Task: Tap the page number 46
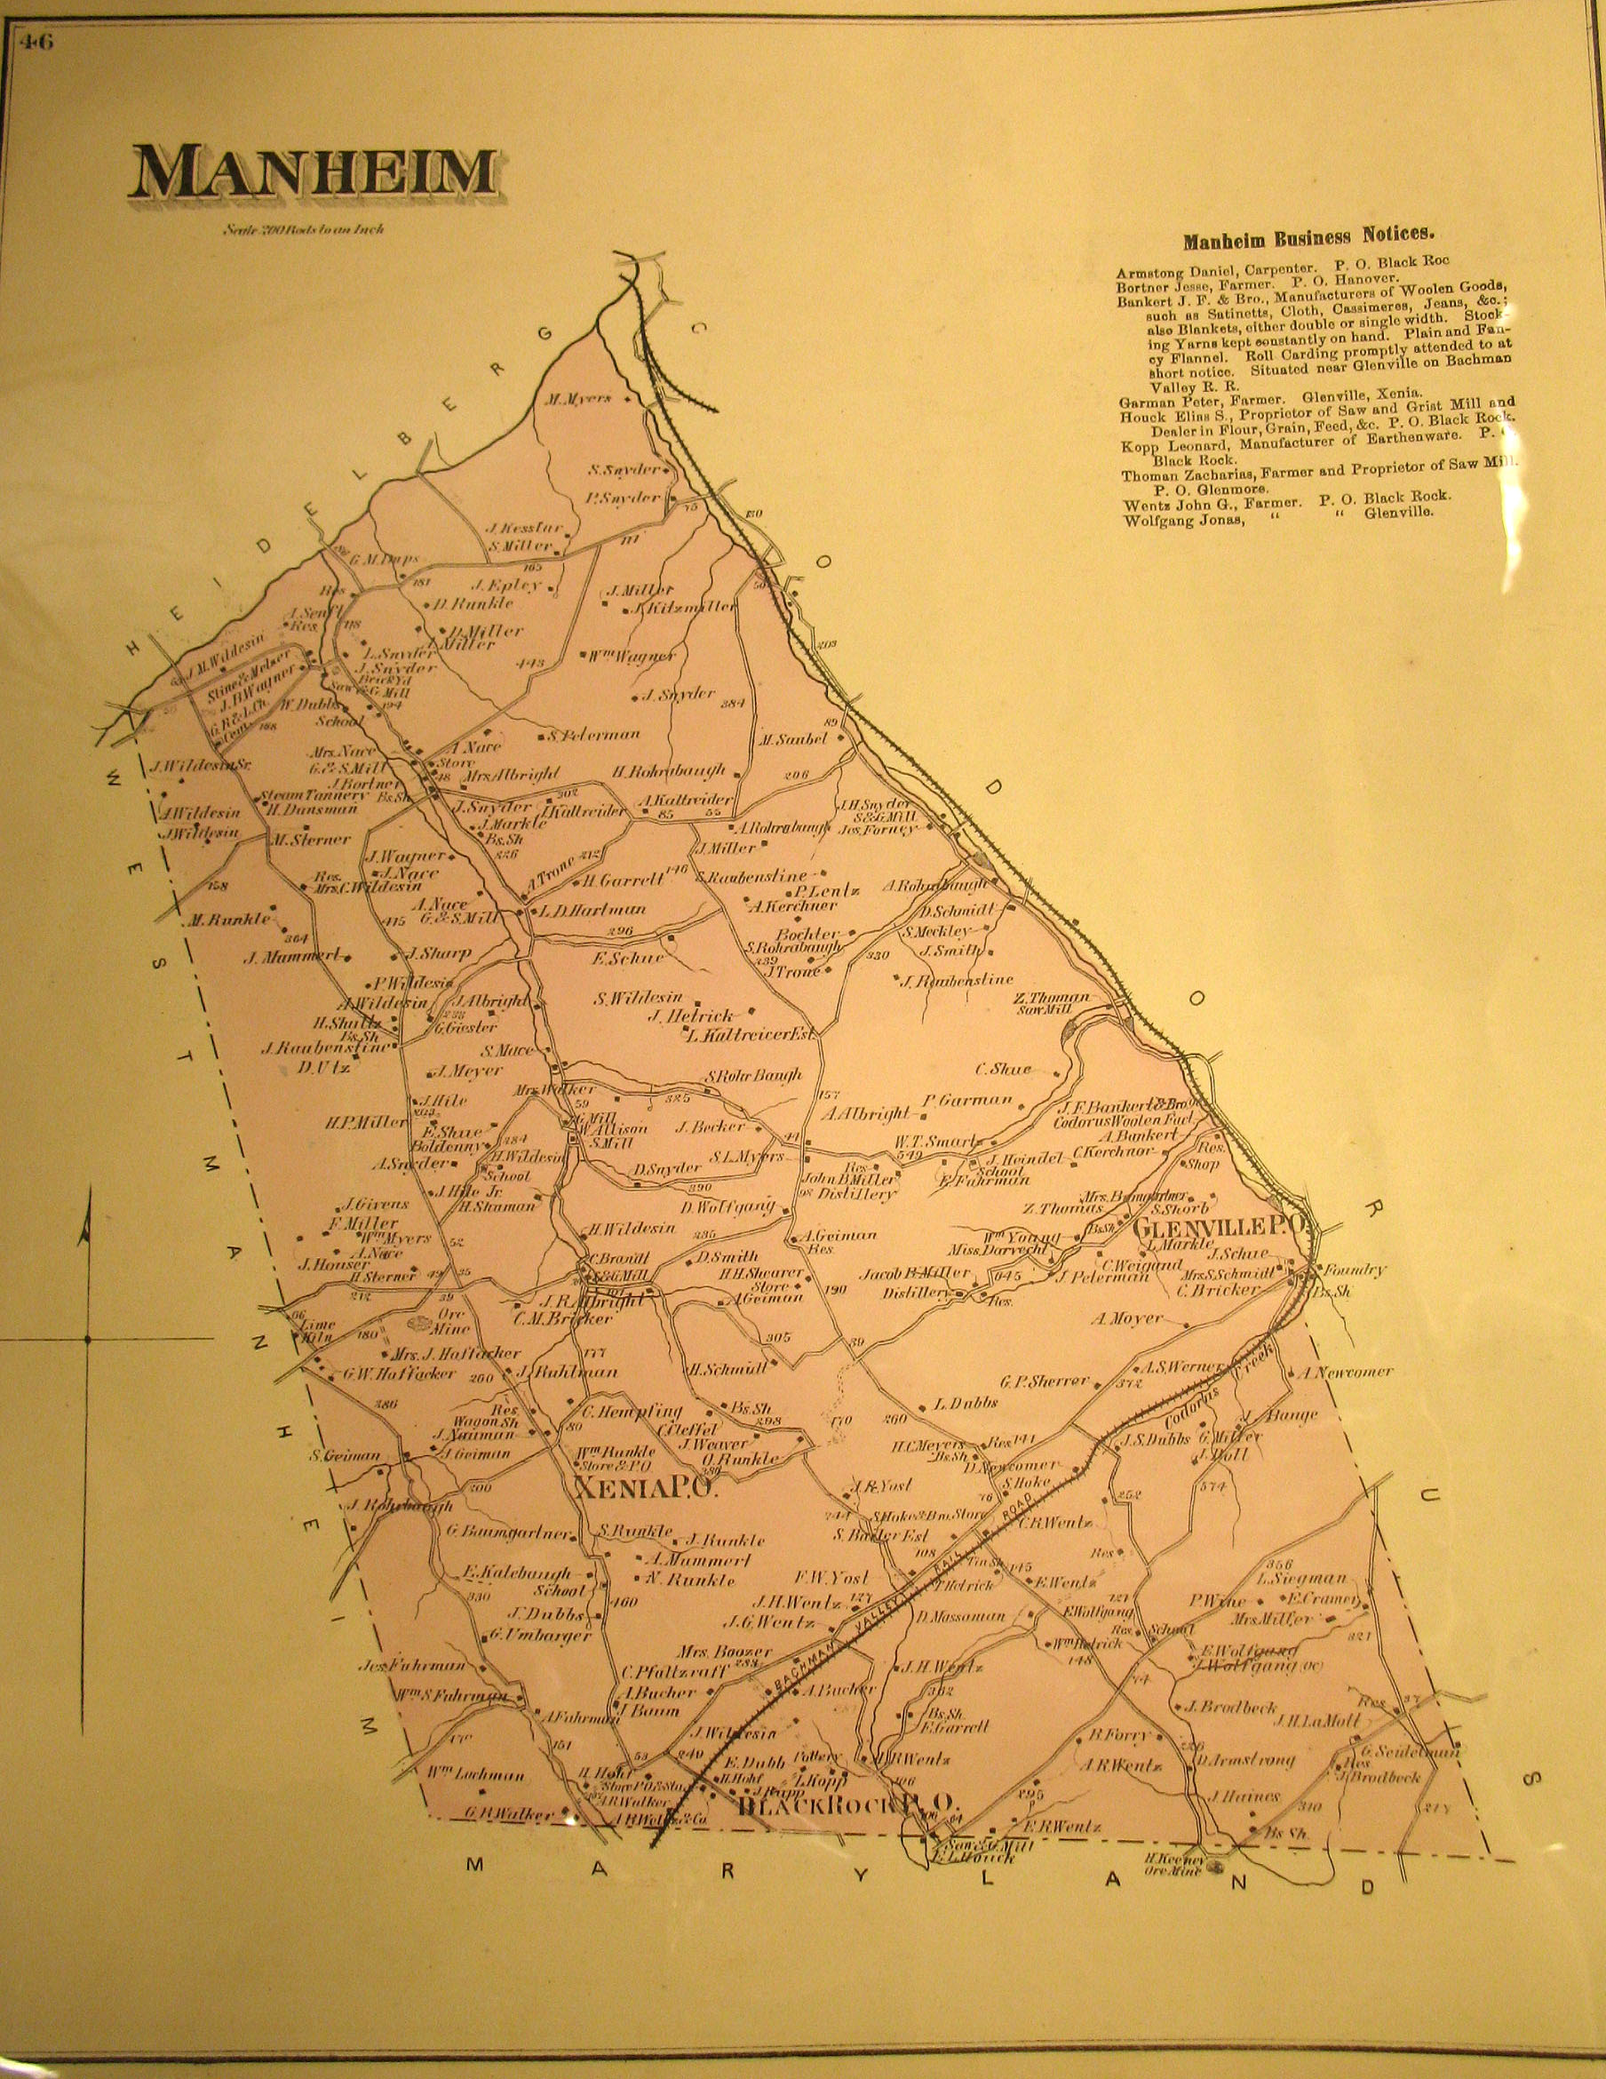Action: (x=39, y=42)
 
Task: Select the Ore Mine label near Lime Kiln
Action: (x=449, y=1318)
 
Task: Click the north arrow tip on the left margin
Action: (x=87, y=1199)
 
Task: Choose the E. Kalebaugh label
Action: (x=517, y=1572)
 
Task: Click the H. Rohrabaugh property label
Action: (x=669, y=770)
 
